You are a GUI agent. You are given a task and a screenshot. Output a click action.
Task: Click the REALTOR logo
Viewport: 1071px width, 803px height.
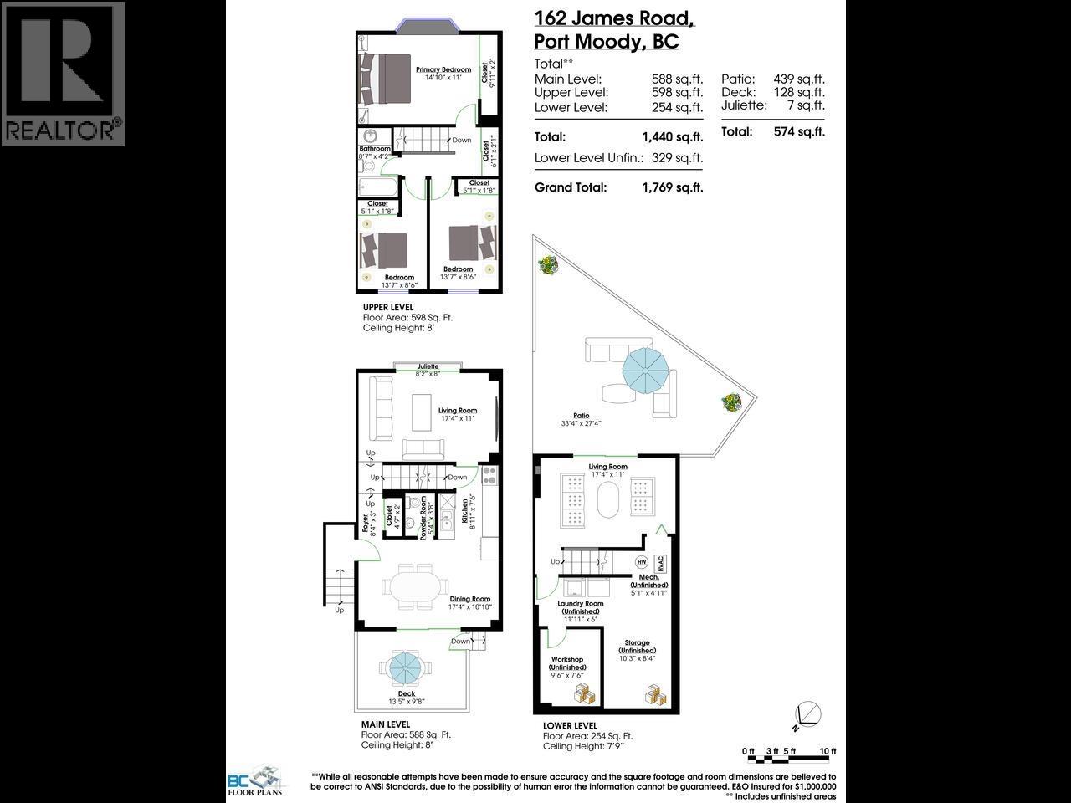coord(63,74)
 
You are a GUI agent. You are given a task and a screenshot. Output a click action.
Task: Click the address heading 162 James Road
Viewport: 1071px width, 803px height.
coord(614,18)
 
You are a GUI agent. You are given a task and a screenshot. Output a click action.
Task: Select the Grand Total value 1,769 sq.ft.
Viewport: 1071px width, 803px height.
coord(672,187)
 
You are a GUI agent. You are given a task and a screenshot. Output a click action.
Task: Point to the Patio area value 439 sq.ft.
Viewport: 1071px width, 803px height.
coord(799,79)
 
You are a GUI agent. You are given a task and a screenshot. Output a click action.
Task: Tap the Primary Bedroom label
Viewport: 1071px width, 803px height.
coord(443,69)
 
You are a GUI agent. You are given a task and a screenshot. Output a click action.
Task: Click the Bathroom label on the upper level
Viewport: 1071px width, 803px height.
coord(374,149)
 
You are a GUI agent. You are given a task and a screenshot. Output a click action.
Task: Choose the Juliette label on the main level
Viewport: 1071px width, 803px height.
coord(428,366)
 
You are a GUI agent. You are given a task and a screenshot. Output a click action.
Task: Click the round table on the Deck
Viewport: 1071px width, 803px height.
coord(407,667)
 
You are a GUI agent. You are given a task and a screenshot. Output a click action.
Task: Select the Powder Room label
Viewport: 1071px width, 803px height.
coord(424,517)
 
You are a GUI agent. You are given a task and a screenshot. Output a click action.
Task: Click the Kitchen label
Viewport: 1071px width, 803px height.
coord(466,510)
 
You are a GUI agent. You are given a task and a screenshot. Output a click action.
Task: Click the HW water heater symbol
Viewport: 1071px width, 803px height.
coord(642,562)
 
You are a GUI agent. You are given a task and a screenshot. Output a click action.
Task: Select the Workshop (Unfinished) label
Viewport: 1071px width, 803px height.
coord(567,667)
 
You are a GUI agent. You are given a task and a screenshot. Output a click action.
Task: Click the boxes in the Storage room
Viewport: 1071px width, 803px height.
coord(655,693)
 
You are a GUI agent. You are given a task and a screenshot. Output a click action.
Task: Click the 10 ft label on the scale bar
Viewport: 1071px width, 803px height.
coord(828,750)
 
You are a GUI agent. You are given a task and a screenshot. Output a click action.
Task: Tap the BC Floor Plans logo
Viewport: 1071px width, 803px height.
coord(254,780)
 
